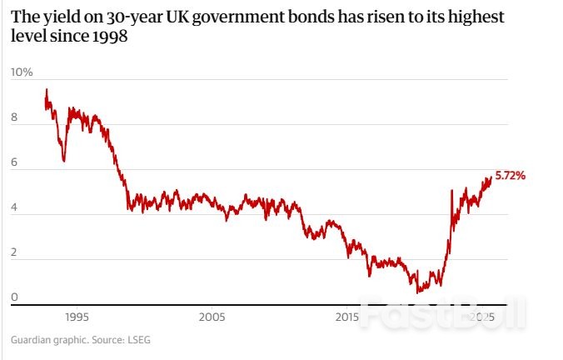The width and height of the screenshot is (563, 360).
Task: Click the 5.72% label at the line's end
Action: point(510,176)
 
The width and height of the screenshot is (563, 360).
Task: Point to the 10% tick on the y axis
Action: point(22,72)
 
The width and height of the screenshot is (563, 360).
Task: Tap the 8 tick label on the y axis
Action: point(14,118)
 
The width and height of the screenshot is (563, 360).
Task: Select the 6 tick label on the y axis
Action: point(14,163)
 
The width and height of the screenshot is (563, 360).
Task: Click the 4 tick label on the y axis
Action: point(14,208)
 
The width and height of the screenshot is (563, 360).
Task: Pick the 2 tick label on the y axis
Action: point(14,253)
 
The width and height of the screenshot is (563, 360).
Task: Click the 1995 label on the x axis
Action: point(77,317)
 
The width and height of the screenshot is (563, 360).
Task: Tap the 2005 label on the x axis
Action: point(212,317)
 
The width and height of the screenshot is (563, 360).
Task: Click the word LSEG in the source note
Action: point(137,340)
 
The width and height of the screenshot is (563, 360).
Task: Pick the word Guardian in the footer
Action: point(32,340)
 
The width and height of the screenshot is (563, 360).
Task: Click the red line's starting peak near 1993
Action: point(47,89)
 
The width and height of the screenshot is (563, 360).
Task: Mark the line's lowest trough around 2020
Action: point(418,292)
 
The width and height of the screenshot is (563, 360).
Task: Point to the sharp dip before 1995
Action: point(64,161)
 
